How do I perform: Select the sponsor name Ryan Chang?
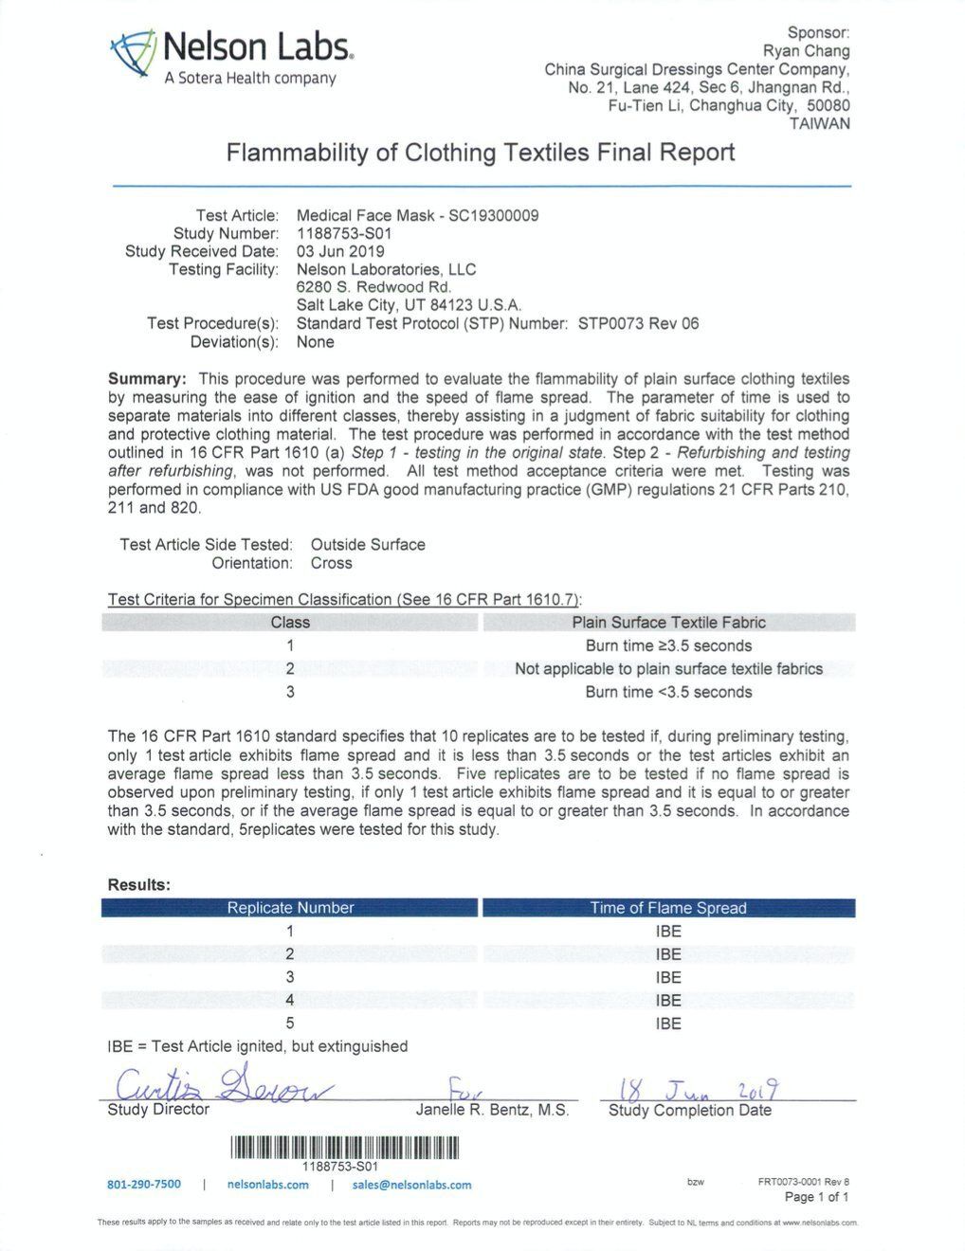(x=806, y=51)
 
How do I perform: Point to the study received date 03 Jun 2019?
(x=340, y=251)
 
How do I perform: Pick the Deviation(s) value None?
(x=315, y=341)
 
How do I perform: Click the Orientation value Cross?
(x=331, y=563)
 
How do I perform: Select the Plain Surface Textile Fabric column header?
(x=668, y=623)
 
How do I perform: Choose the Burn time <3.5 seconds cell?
(x=668, y=692)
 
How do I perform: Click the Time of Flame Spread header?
(x=668, y=908)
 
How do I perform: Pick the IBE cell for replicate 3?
(x=668, y=977)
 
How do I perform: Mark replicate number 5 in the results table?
(x=290, y=1024)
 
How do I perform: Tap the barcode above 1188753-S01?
(x=344, y=1148)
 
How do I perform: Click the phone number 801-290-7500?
(x=144, y=1185)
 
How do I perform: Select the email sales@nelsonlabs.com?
(x=411, y=1185)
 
